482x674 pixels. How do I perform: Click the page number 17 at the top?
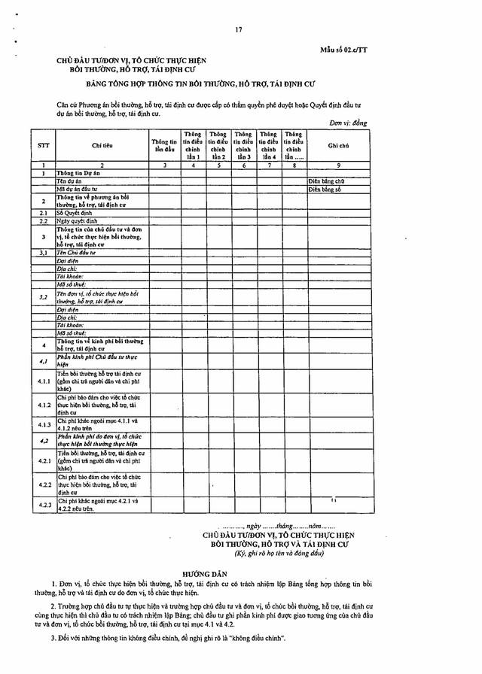point(238,29)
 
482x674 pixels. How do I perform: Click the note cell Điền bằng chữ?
point(326,181)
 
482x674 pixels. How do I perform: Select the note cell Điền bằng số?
point(325,190)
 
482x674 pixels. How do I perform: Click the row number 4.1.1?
point(44,381)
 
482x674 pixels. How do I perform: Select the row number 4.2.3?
point(44,505)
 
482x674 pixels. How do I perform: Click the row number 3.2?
point(44,297)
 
